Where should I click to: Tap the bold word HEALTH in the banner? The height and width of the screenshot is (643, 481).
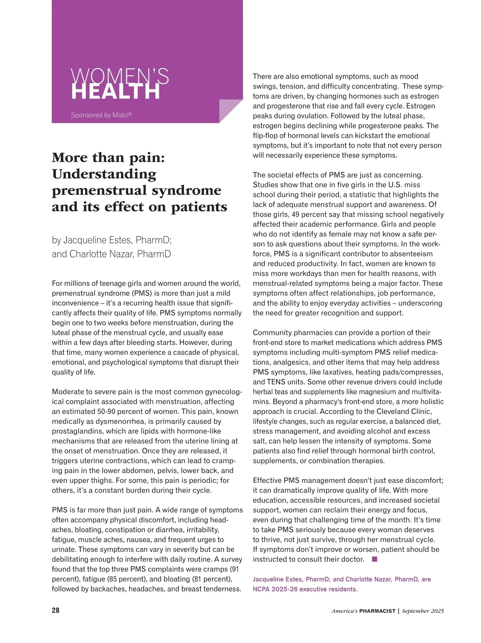coord(115,92)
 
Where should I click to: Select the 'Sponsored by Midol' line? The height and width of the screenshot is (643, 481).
coord(101,115)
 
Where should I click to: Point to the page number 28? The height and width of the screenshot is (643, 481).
coord(56,611)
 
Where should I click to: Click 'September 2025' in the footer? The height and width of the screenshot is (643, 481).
coord(423,611)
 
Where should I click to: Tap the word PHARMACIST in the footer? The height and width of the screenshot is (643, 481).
coord(377,611)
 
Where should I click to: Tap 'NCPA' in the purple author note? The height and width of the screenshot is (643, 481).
coord(262,589)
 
